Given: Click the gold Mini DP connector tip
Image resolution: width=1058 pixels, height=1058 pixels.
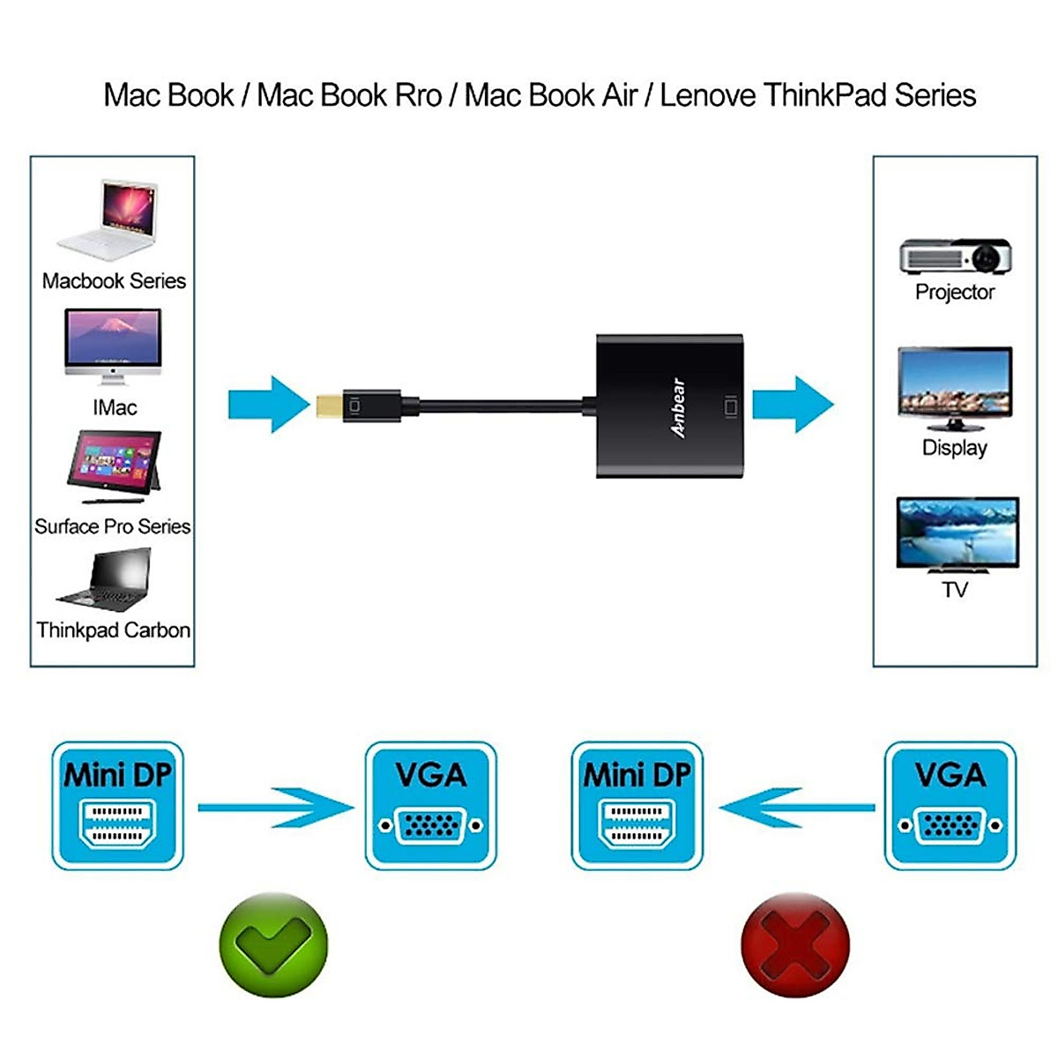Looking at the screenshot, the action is (x=329, y=406).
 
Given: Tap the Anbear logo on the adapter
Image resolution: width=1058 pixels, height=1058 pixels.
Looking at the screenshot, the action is (x=679, y=407).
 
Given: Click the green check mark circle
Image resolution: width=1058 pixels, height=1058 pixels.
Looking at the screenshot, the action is (x=273, y=944).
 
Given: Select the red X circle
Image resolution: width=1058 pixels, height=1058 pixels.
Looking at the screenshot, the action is (x=795, y=944).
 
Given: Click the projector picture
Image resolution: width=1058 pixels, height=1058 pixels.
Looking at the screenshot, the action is (x=956, y=256).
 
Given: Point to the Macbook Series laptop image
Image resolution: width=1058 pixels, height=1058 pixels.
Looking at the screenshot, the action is (x=108, y=219).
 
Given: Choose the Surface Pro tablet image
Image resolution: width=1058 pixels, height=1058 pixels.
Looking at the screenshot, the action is (x=115, y=466).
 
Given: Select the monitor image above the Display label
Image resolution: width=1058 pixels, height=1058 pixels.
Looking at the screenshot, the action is (x=956, y=389).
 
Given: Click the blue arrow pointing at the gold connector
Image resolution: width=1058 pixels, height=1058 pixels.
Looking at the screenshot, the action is (x=269, y=405).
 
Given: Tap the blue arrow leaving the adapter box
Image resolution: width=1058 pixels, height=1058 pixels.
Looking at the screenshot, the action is (x=793, y=405).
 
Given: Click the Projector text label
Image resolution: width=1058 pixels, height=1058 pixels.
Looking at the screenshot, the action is (x=955, y=293).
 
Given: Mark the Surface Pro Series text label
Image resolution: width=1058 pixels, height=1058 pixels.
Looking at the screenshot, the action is (x=113, y=526).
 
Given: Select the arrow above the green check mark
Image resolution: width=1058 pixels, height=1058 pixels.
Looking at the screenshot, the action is (x=276, y=808).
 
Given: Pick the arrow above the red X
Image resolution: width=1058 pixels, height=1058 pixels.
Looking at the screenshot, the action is (x=797, y=808).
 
